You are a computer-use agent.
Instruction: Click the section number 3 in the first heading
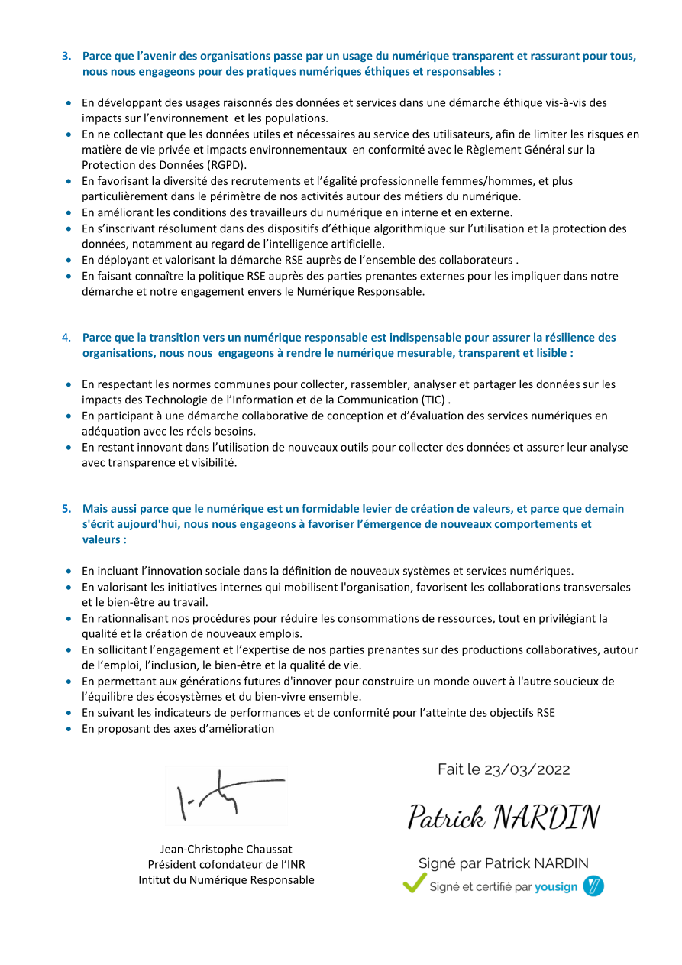66,56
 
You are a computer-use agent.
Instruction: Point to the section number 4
66,338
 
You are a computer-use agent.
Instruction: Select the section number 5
66,509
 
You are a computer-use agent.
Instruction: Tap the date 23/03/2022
527,769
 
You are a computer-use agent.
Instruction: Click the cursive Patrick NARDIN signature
503,817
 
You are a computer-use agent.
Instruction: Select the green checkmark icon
414,884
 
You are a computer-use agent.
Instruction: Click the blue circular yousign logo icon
593,886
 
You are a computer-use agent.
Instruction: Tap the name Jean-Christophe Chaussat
226,849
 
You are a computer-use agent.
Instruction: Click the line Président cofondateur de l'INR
226,864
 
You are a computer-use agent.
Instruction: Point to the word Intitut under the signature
155,880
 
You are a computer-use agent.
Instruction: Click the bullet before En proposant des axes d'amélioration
69,729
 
